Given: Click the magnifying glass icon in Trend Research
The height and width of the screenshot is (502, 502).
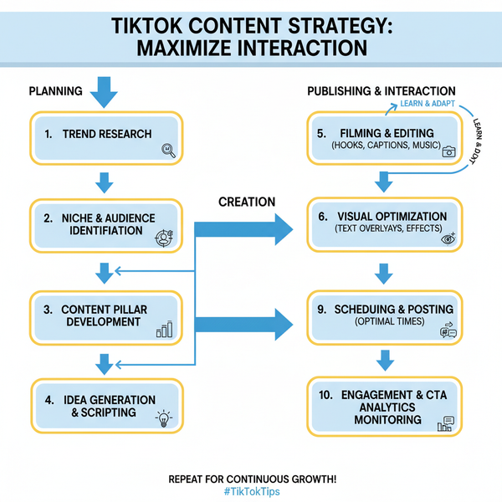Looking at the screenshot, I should [166, 151].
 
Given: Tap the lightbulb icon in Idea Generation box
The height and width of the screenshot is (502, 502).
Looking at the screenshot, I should [164, 418].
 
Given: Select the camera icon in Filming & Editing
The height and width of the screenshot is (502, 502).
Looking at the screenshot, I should [448, 151].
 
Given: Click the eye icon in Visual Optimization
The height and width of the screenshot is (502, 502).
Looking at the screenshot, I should [449, 238].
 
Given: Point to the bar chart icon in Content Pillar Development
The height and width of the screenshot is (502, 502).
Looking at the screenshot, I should [164, 329].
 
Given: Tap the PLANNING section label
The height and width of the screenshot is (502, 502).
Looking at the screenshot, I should [55, 90].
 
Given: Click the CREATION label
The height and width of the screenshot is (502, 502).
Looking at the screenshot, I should [246, 202].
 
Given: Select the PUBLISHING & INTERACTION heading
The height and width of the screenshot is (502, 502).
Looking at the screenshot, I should [381, 90].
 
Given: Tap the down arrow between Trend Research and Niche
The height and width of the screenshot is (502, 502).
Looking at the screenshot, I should [104, 182].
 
